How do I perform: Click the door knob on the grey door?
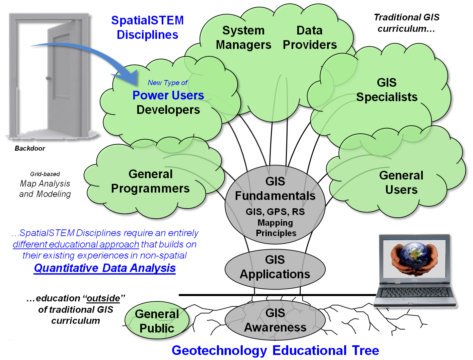point(49,78)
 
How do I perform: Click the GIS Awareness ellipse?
point(275,320)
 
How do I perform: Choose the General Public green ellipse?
point(157,321)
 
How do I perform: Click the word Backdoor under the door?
point(30,148)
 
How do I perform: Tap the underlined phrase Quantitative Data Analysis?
point(105,268)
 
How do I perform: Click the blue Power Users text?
point(168,95)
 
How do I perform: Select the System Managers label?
point(243,38)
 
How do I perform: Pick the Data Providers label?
point(310,38)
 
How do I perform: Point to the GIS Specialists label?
point(387,90)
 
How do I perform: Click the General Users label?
point(401,183)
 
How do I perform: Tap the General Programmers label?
point(150,181)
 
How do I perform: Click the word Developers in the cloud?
point(168,110)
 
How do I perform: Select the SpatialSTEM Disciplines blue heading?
point(147,27)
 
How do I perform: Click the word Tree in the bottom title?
point(366,350)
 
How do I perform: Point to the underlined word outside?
point(103,298)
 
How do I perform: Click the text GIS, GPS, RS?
point(275,212)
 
